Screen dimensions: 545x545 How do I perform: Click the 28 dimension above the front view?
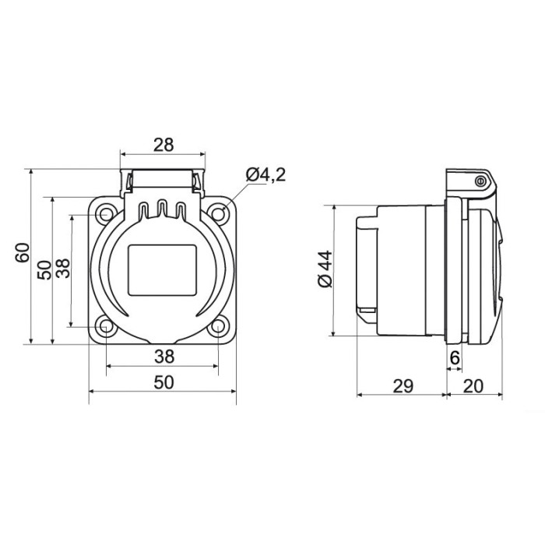point(163,144)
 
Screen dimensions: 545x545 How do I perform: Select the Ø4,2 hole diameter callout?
point(265,174)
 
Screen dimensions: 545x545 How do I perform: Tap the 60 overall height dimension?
point(23,253)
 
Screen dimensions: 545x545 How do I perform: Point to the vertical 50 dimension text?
point(45,269)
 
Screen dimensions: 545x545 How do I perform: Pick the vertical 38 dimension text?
point(65,269)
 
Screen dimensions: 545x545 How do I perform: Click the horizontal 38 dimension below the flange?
point(163,357)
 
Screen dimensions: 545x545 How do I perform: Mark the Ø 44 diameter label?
point(325,269)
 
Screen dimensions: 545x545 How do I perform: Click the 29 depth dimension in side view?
point(403,385)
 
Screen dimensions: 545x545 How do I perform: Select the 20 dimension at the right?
point(473,385)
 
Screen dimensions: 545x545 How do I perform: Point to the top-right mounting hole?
point(219,212)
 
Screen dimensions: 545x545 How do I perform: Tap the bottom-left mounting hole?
point(106,326)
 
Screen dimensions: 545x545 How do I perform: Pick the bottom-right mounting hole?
point(219,326)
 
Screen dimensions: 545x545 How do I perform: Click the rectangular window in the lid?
point(162,269)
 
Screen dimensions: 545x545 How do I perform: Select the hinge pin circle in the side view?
point(480,181)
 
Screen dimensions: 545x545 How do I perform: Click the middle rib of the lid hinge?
point(163,209)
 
